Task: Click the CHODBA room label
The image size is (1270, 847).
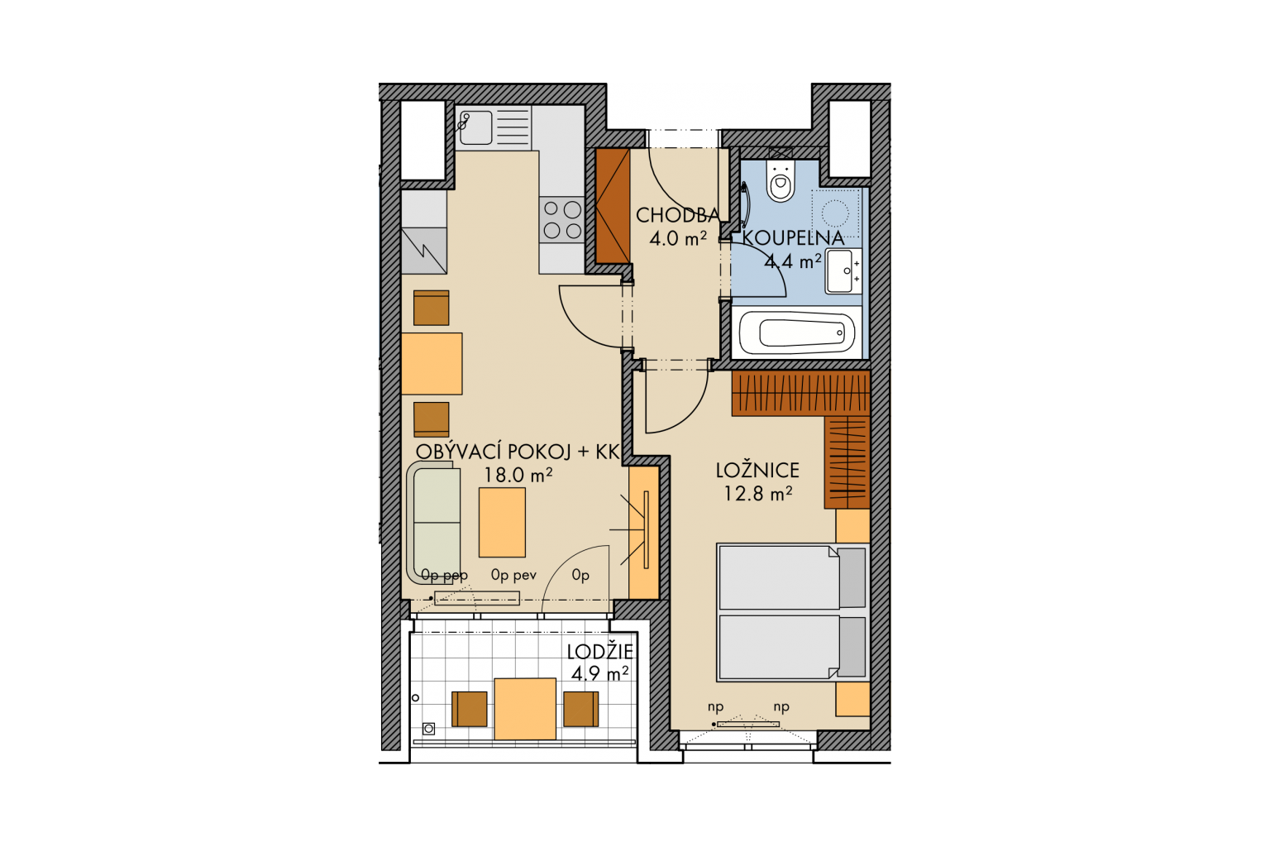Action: click(x=677, y=216)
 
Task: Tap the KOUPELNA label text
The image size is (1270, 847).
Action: click(x=793, y=238)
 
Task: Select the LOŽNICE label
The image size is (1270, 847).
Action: click(x=757, y=471)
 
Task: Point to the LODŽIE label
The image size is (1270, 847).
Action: click(x=599, y=652)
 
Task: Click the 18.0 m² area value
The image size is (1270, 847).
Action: click(x=518, y=475)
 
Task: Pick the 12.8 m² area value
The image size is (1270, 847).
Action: click(x=757, y=494)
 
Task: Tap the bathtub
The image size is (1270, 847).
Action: click(x=797, y=333)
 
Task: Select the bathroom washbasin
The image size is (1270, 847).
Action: click(x=843, y=271)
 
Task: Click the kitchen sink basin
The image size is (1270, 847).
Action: click(x=475, y=127)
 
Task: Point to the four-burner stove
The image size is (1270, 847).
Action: click(x=562, y=220)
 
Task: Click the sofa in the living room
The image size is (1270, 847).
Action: click(x=434, y=523)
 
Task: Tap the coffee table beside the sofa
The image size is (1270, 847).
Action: click(x=502, y=523)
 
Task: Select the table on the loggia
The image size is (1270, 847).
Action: click(x=525, y=709)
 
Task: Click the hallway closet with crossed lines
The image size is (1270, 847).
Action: click(x=613, y=205)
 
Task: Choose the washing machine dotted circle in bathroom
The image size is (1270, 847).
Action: click(x=835, y=214)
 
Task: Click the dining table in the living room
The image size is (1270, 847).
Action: click(x=432, y=364)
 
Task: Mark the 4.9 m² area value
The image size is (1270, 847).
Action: click(x=599, y=674)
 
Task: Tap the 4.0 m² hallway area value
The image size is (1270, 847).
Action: click(x=678, y=238)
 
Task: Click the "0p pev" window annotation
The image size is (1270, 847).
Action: click(x=513, y=576)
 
